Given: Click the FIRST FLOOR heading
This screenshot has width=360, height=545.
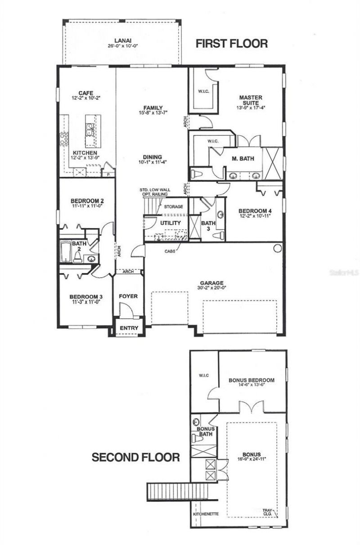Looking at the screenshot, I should pos(232,43).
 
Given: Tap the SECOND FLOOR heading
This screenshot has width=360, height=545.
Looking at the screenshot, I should pos(136,457).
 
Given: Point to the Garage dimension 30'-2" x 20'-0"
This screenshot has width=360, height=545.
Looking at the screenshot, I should pos(212,288).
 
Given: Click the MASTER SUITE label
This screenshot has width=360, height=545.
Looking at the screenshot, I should pos(251,100).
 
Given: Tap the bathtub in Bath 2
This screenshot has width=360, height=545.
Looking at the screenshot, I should pos(66,252).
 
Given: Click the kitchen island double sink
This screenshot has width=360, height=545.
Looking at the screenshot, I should pos(89,130).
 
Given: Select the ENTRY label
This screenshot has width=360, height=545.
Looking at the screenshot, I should pos(129,328).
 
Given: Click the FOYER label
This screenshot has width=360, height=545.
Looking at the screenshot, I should pos(128,296).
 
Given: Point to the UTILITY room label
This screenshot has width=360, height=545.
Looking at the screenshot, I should pos(171,223).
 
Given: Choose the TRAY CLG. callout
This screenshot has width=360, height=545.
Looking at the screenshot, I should pos(269,512).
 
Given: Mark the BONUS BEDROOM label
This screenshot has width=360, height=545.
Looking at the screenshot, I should pos(252,380).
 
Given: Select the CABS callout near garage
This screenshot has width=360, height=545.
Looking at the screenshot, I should pos(170,252).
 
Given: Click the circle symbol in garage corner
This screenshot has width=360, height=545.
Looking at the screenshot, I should pos(278,248).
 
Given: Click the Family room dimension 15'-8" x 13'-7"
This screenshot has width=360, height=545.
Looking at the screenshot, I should pos(150,113).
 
